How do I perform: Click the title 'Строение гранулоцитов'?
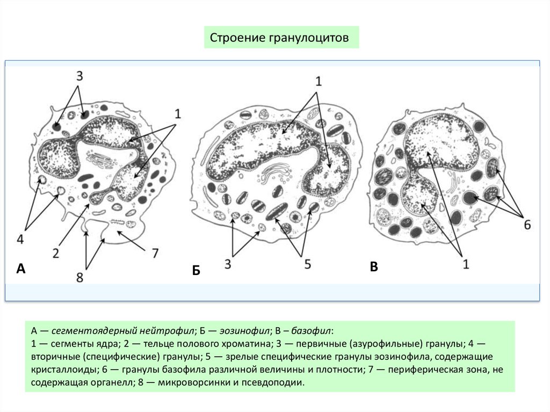point(279,38)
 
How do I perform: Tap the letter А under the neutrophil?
point(21,269)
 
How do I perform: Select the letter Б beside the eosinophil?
point(196,271)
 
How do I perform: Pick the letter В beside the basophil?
point(374,267)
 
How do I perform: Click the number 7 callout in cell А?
point(155,253)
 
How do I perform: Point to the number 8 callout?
point(79,278)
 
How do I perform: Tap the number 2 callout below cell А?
point(56,253)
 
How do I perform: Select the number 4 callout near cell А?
point(20,240)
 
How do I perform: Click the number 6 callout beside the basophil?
point(527,225)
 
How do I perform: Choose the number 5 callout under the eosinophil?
point(307,264)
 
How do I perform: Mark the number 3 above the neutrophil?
point(79,76)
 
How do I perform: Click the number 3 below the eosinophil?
point(228,264)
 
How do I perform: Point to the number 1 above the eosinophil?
point(319,82)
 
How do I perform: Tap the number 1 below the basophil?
point(466,264)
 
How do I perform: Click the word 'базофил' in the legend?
point(311,330)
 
